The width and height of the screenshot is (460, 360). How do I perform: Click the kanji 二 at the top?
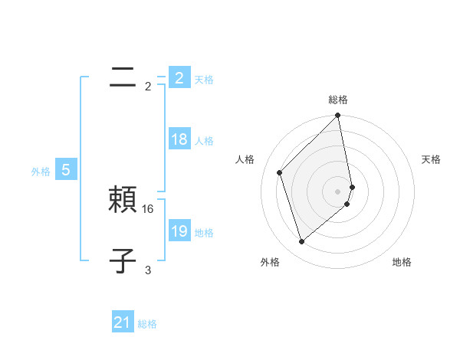tap(123, 77)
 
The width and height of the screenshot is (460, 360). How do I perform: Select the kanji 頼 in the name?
tap(123, 200)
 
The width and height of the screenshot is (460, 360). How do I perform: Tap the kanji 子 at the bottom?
tap(123, 261)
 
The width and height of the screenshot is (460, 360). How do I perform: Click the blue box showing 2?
tap(179, 78)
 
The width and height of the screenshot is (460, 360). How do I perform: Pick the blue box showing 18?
tap(179, 139)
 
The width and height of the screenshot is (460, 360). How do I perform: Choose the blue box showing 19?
tap(179, 231)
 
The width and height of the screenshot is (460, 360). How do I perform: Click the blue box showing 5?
tap(66, 170)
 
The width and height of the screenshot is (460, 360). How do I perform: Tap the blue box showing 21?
tap(123, 322)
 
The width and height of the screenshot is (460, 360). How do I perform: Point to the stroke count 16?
tap(149, 209)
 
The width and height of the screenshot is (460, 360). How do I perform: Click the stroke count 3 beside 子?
tap(148, 270)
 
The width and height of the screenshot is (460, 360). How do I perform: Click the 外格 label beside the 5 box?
tap(41, 172)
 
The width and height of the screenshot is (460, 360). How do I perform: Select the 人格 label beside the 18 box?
tap(204, 141)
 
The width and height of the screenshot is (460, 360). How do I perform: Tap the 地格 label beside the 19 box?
tap(204, 233)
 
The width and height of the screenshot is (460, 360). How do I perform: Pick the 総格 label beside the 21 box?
tap(147, 324)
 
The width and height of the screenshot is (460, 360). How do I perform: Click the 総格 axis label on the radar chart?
tap(338, 100)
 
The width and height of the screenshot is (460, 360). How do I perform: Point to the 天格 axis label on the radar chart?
tap(432, 159)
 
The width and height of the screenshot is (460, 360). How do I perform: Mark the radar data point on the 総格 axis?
tap(338, 116)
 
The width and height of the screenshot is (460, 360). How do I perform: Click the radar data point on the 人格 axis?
tap(280, 172)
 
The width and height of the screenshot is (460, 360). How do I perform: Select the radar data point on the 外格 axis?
tap(302, 242)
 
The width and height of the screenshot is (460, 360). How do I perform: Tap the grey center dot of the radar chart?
tap(338, 191)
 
